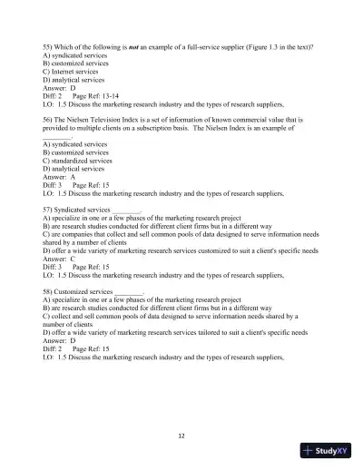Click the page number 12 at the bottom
click(x=181, y=435)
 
